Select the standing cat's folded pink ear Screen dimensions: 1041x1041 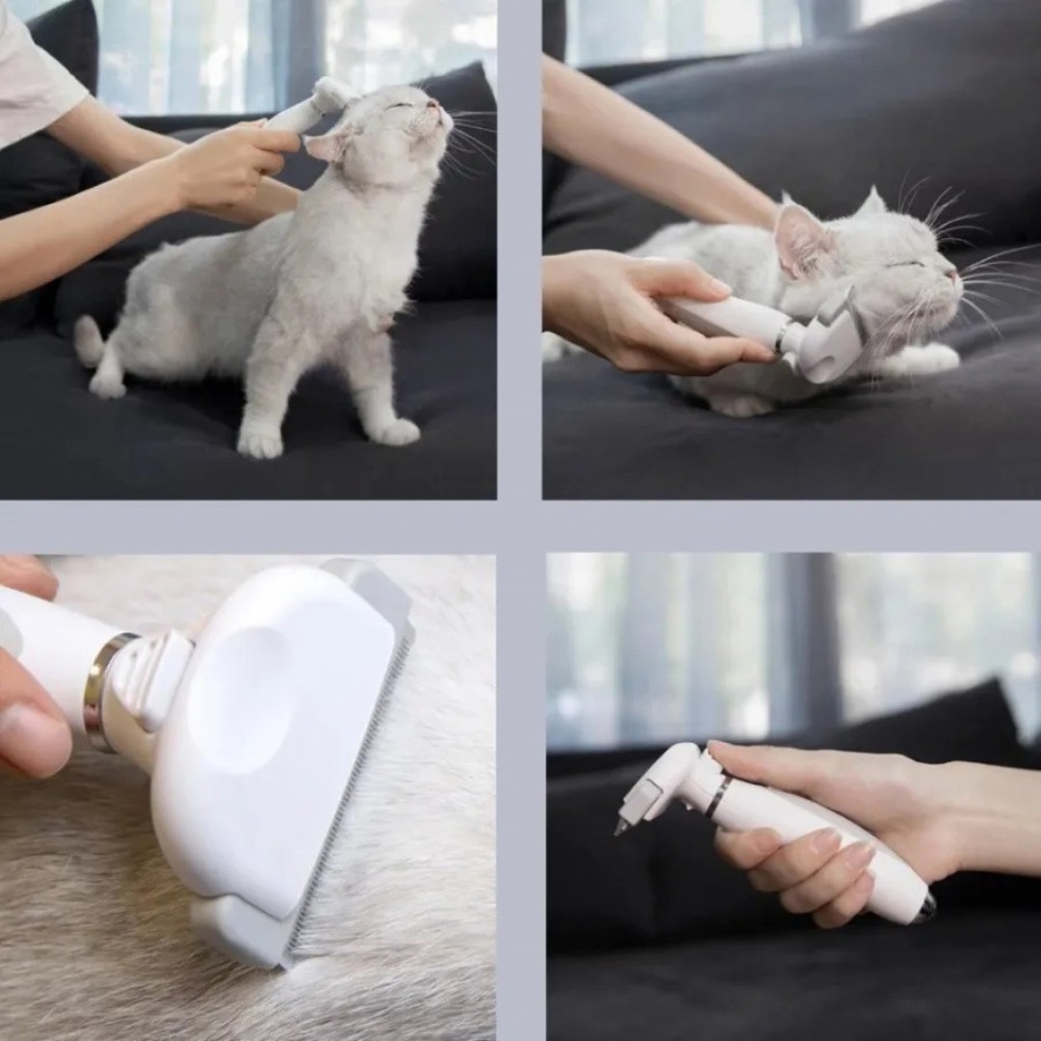point(326,146)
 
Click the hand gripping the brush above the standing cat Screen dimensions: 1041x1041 point(231,164)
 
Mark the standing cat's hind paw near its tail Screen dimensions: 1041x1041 point(107,385)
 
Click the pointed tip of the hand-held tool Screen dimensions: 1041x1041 point(619,827)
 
